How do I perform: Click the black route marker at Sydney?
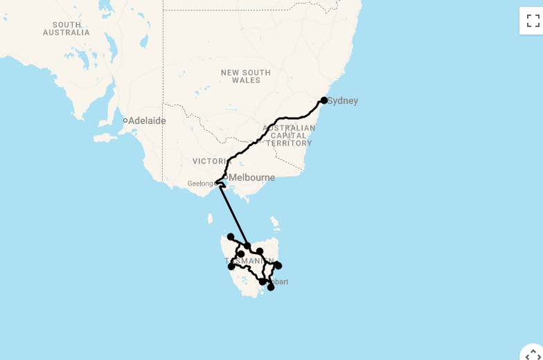(x=323, y=100)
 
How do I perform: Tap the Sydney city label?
(x=343, y=101)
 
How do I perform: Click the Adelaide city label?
(x=147, y=120)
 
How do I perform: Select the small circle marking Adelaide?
(x=125, y=120)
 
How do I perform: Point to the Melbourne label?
(x=252, y=177)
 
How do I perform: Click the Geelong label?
(x=201, y=183)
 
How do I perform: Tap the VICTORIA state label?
(x=210, y=161)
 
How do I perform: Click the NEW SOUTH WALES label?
(x=246, y=76)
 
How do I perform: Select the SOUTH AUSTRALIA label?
(x=66, y=28)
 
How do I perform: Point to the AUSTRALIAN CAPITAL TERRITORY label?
(x=288, y=136)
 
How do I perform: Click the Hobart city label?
(x=278, y=282)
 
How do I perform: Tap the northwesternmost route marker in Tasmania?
(x=231, y=237)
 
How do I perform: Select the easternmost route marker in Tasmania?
(x=278, y=265)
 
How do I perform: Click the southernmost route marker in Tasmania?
(x=271, y=287)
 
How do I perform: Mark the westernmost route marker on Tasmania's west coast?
(x=231, y=266)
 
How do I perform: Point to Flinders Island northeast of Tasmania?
(x=275, y=223)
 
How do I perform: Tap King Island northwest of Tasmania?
(x=211, y=219)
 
